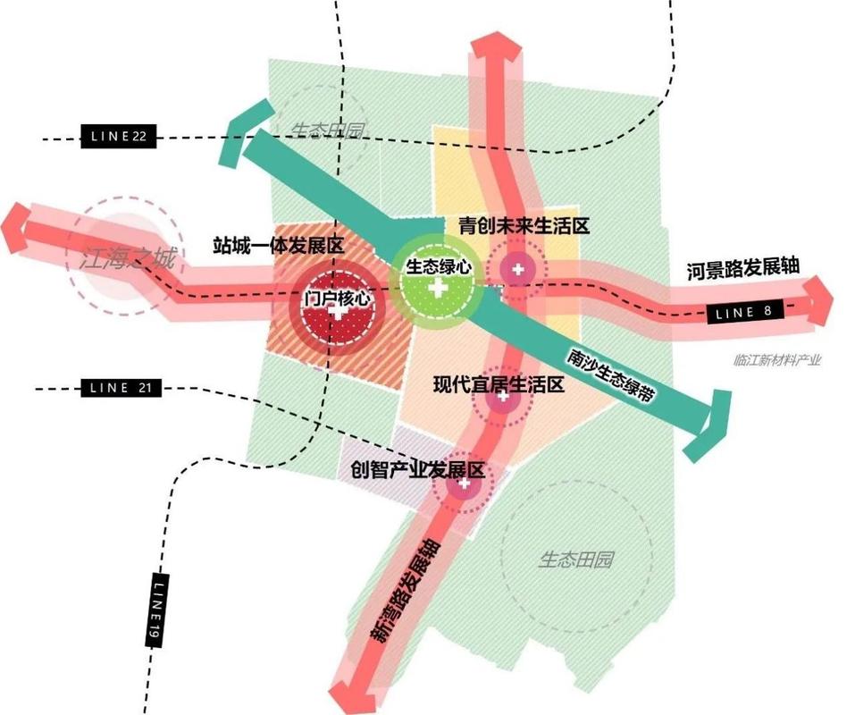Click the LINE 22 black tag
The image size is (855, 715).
click(119, 137)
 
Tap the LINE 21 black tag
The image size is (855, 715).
click(119, 388)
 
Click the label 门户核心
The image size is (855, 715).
click(336, 298)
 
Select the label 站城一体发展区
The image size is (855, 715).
click(279, 244)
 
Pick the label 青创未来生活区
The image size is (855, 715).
click(523, 226)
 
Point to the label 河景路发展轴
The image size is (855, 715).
click(742, 268)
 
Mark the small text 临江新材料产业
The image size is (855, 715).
click(775, 360)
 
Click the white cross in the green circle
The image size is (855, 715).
click(437, 289)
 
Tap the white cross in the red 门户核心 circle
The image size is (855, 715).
click(336, 313)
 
